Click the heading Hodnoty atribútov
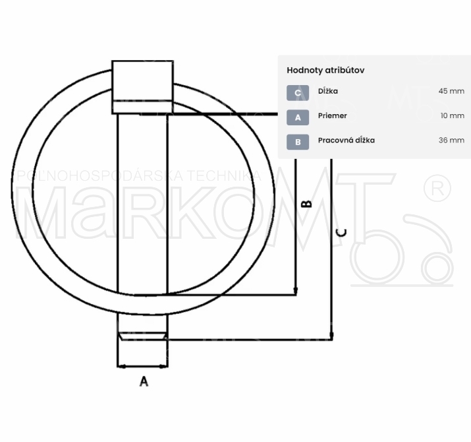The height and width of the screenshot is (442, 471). pyautogui.click(x=325, y=71)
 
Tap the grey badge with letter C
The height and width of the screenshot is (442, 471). pyautogui.click(x=298, y=92)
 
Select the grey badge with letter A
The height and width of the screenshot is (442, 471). pyautogui.click(x=298, y=117)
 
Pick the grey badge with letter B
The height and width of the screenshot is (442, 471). pyautogui.click(x=298, y=142)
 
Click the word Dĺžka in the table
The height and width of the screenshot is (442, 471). pyautogui.click(x=328, y=91)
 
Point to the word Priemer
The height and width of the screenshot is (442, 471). pyautogui.click(x=333, y=115)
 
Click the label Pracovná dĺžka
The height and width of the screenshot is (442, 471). pyautogui.click(x=346, y=141)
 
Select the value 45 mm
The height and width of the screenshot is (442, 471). pyautogui.click(x=451, y=91)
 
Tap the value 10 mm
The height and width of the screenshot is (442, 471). pyautogui.click(x=453, y=115)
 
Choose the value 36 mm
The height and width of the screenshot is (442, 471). pyautogui.click(x=451, y=141)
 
